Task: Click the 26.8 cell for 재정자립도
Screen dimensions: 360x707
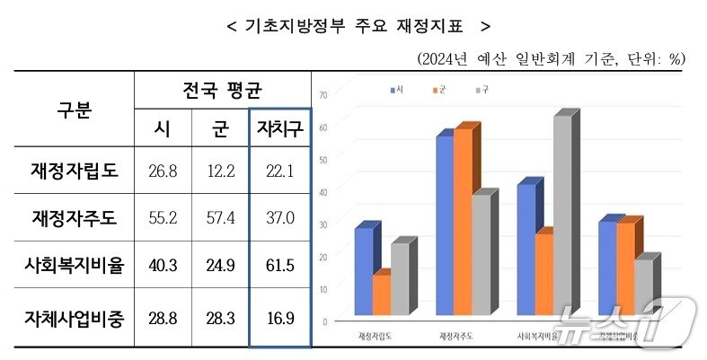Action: (162, 171)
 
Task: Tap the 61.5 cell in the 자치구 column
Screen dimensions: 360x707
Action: (279, 266)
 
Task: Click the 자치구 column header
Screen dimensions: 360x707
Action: (279, 128)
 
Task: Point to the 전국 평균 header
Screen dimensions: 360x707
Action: (221, 90)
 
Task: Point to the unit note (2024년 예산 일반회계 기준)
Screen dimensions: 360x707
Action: (550, 58)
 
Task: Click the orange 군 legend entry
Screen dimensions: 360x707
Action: (438, 91)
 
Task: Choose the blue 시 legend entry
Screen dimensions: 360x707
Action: (394, 91)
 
